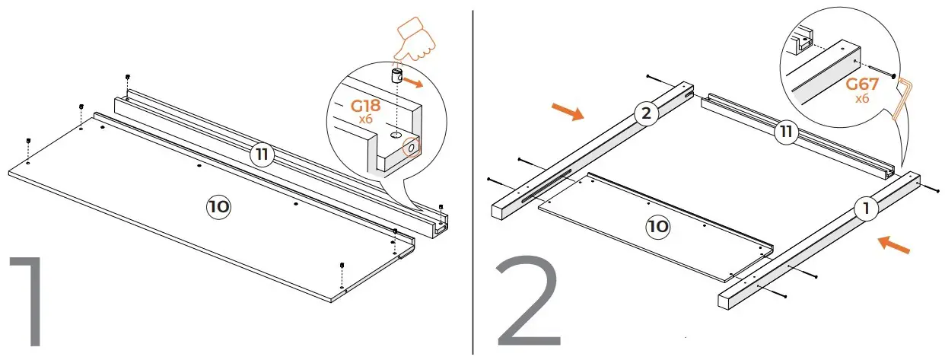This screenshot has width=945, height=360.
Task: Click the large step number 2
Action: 530,308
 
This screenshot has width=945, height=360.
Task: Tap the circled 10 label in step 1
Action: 219,205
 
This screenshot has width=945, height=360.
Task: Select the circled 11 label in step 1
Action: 262,155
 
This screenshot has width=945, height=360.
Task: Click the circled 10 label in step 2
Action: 658,226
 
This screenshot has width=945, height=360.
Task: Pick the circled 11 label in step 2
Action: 786,132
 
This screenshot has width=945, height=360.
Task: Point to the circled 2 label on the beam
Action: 646,115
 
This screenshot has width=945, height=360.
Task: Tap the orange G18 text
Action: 366,107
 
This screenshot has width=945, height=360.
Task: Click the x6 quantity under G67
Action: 863,100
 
